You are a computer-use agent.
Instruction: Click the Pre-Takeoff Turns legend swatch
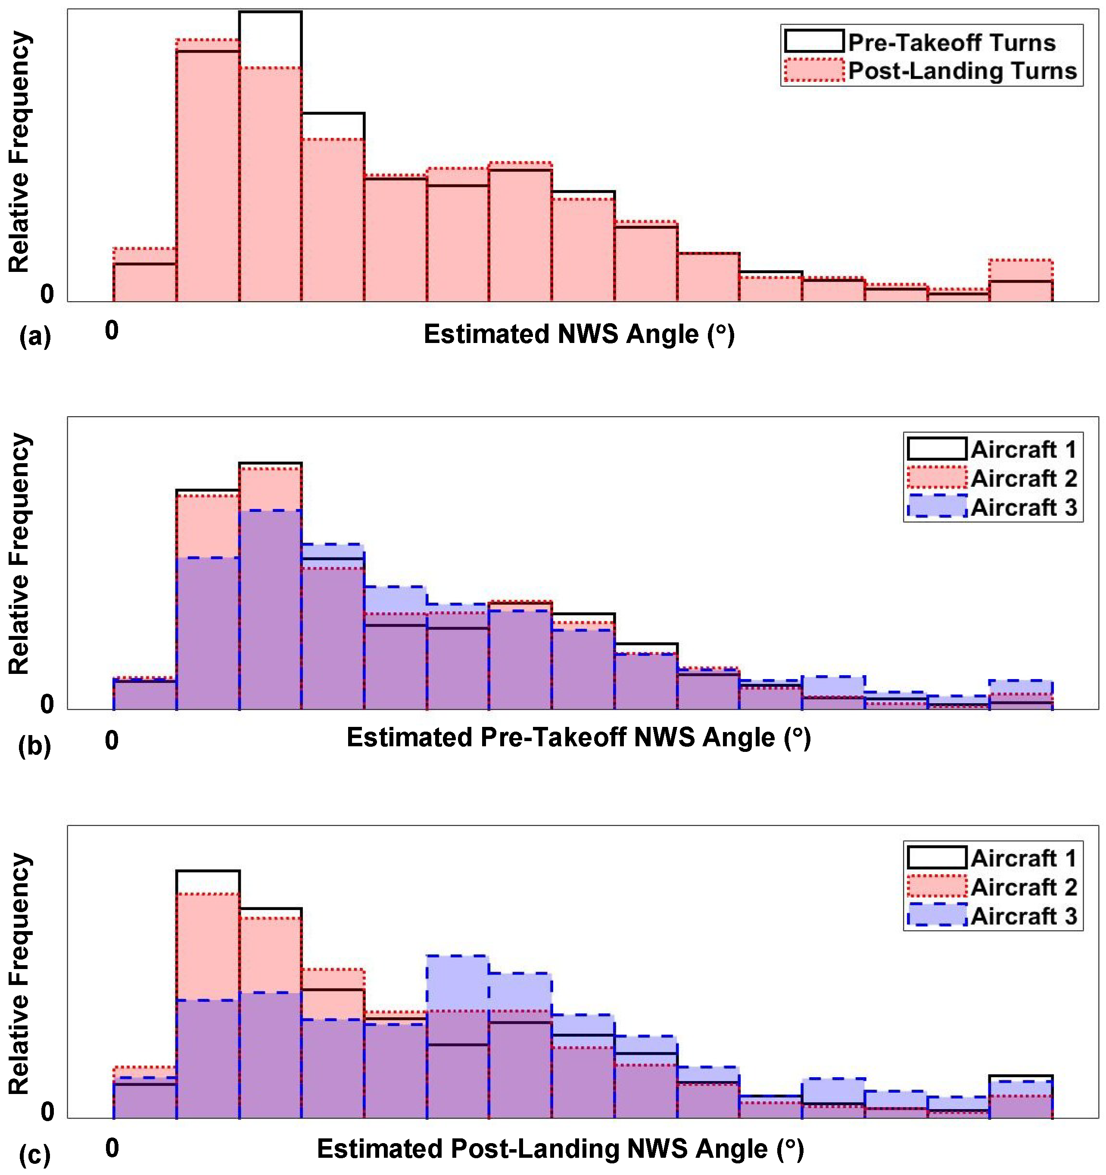click(x=813, y=41)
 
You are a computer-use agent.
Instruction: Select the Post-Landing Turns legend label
click(x=963, y=71)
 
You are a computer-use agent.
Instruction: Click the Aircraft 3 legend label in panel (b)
click(x=1023, y=507)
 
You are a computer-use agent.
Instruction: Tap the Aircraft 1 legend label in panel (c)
click(x=1023, y=858)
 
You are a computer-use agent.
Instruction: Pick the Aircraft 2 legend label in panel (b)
click(x=1023, y=478)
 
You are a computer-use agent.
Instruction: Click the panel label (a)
click(x=35, y=337)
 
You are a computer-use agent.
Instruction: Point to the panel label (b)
click(x=35, y=746)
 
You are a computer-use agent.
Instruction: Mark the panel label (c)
click(x=35, y=1156)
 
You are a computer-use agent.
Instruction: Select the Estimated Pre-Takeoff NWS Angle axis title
click(x=578, y=738)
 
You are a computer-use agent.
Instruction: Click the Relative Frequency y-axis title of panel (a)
click(x=19, y=152)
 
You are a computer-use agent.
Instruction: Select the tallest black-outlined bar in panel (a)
click(x=270, y=156)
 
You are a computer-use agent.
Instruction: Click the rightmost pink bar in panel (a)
click(x=1021, y=280)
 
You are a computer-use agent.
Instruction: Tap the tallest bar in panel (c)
click(x=208, y=994)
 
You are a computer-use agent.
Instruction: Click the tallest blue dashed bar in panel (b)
click(x=270, y=609)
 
